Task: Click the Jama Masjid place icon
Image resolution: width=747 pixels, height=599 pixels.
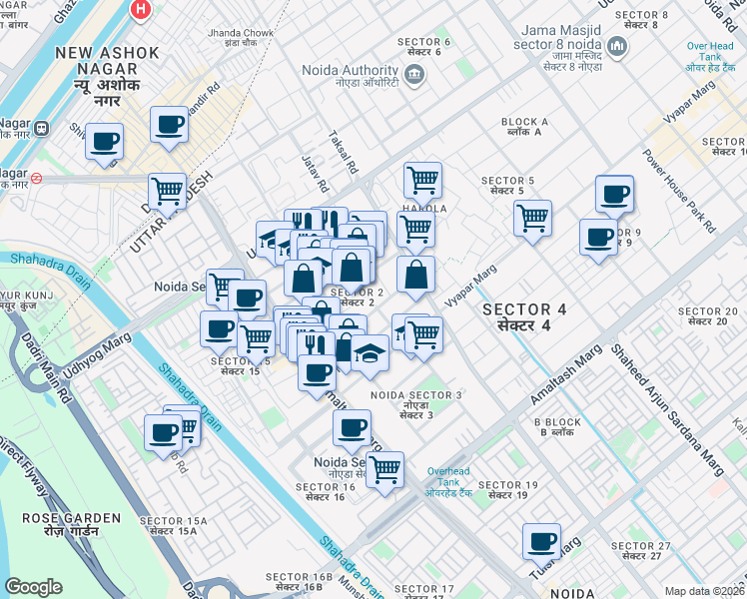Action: (616, 46)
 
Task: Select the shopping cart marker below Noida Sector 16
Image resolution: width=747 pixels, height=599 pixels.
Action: (384, 467)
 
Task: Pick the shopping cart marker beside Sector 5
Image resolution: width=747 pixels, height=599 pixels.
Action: (532, 216)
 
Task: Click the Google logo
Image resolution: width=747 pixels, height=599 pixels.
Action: (33, 587)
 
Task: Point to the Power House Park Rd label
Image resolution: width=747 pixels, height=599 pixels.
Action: (680, 192)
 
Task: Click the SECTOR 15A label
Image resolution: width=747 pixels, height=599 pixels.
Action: (173, 527)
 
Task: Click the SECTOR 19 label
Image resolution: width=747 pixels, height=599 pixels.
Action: (508, 491)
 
